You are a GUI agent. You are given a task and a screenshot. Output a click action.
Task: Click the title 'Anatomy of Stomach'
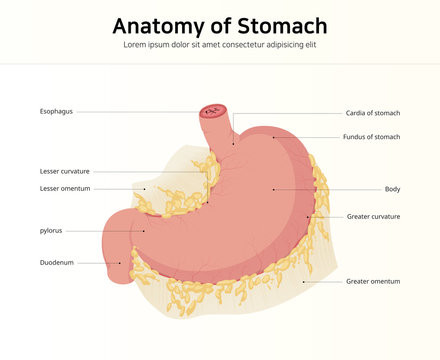219,25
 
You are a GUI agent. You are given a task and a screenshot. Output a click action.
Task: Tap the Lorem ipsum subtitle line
219,45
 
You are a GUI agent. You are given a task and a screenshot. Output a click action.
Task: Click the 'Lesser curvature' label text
65,171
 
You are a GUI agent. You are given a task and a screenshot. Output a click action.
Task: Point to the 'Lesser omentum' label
65,188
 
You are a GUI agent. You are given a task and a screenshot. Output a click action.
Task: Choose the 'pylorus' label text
51,230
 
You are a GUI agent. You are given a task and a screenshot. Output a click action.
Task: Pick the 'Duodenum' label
56,263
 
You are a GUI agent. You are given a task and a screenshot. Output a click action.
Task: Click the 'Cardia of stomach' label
372,112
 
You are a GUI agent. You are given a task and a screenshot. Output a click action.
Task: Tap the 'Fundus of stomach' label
371,137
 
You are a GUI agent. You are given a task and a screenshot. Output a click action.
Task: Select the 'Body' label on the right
392,189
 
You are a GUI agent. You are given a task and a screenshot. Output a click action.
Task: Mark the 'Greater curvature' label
373,216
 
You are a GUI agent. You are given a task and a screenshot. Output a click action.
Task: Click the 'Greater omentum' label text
373,281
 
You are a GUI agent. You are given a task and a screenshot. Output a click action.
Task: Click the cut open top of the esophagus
212,111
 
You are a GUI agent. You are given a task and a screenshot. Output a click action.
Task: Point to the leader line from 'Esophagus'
140,111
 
